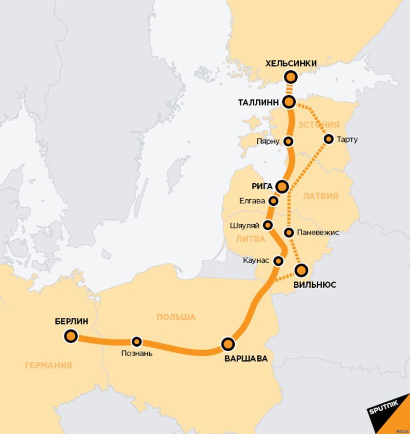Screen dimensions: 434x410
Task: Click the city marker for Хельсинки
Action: [x=291, y=77]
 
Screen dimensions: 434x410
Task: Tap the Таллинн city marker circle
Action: [x=289, y=102]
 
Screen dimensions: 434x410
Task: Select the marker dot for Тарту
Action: [x=329, y=139]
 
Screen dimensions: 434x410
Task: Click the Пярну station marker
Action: [x=288, y=141]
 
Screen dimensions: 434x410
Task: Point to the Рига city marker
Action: [x=282, y=186]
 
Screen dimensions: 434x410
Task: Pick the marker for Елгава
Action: [x=273, y=200]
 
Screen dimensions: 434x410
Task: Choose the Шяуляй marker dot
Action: [x=267, y=225]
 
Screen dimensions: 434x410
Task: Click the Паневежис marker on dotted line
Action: [x=289, y=232]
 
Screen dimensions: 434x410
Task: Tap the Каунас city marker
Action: [x=278, y=261]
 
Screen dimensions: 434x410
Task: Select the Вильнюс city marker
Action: [x=302, y=270]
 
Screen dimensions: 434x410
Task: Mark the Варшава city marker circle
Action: [x=227, y=344]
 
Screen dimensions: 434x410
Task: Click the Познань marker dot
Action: [x=137, y=341]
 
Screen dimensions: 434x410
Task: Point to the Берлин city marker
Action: [x=71, y=335]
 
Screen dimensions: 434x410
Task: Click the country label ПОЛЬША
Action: [x=176, y=317]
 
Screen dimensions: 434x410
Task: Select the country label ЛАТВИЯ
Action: [x=321, y=196]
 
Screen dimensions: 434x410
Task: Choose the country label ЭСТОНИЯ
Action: [x=318, y=125]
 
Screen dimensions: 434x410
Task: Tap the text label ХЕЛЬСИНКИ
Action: [x=291, y=63]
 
